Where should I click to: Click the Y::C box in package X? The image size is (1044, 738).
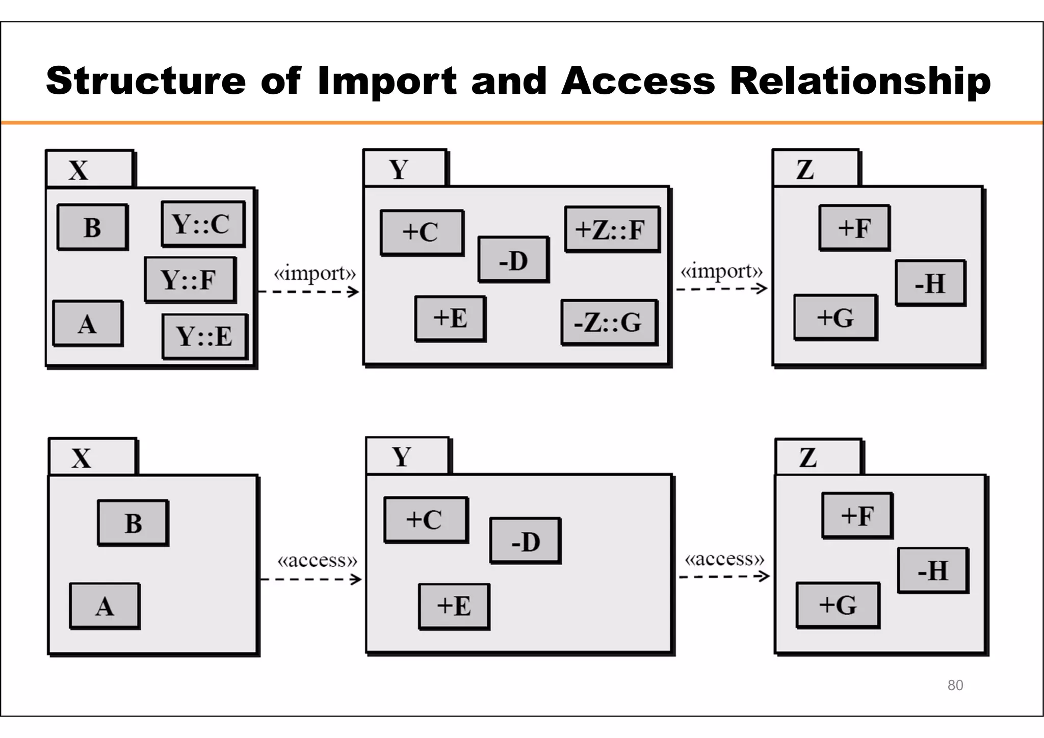[x=203, y=224]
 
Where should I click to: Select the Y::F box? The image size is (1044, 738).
[x=190, y=280]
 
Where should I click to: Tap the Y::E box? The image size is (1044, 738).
[x=204, y=336]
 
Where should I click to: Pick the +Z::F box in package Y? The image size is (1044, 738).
[x=612, y=229]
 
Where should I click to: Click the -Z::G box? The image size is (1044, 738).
[x=609, y=322]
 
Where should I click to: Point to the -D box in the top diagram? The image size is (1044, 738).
[x=513, y=259]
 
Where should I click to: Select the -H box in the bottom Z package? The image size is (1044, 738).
[x=932, y=570]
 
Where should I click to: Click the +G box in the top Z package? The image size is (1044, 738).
[x=835, y=317]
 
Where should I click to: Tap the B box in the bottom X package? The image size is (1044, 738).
[x=133, y=523]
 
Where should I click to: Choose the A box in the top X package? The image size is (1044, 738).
[x=88, y=324]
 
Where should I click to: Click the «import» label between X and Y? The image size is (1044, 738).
[x=315, y=274]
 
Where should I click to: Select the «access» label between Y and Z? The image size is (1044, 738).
[x=724, y=559]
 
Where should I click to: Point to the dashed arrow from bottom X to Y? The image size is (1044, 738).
[x=310, y=579]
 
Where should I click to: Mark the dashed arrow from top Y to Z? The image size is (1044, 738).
[x=721, y=289]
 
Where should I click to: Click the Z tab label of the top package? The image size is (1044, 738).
[x=805, y=169]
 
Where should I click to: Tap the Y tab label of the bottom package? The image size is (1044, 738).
[x=402, y=457]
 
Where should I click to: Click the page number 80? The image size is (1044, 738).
[x=955, y=686]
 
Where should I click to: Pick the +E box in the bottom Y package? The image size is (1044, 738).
[x=454, y=606]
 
